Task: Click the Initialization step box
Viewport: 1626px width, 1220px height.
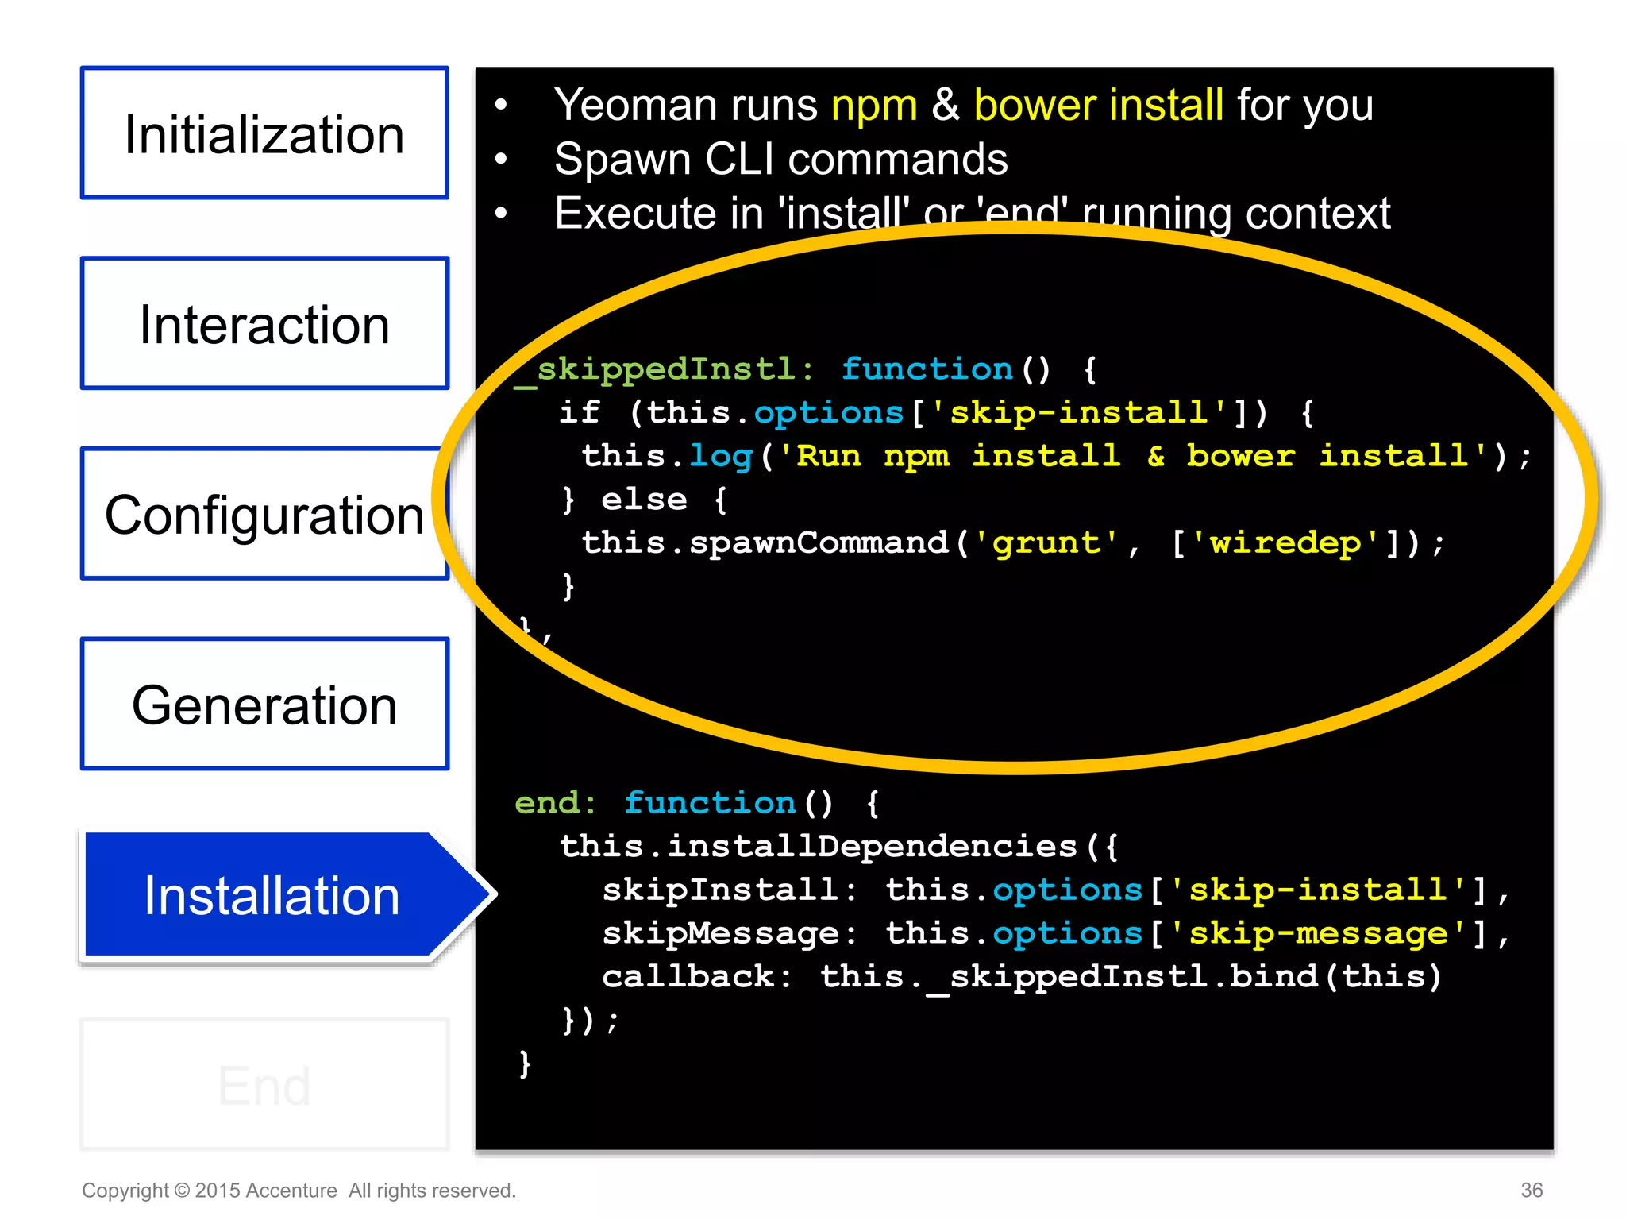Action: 264,133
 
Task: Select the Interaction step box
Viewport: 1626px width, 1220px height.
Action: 264,323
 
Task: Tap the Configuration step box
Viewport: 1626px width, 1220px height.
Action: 264,514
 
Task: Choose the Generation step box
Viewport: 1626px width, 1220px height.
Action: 264,705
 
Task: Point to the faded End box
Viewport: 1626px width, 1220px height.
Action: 264,1085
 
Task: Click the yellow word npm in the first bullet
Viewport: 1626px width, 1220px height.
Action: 873,106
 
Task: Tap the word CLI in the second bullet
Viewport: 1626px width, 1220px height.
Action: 739,160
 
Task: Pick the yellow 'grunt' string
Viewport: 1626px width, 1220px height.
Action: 1046,543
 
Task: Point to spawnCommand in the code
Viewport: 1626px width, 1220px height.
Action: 819,543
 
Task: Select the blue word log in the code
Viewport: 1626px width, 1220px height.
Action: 720,457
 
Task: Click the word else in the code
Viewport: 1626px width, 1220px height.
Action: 644,500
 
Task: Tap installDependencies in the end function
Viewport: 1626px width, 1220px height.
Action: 872,847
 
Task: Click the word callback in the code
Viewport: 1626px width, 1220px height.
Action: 688,977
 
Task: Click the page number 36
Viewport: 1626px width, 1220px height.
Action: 1532,1190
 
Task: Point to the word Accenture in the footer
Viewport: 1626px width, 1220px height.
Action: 291,1191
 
